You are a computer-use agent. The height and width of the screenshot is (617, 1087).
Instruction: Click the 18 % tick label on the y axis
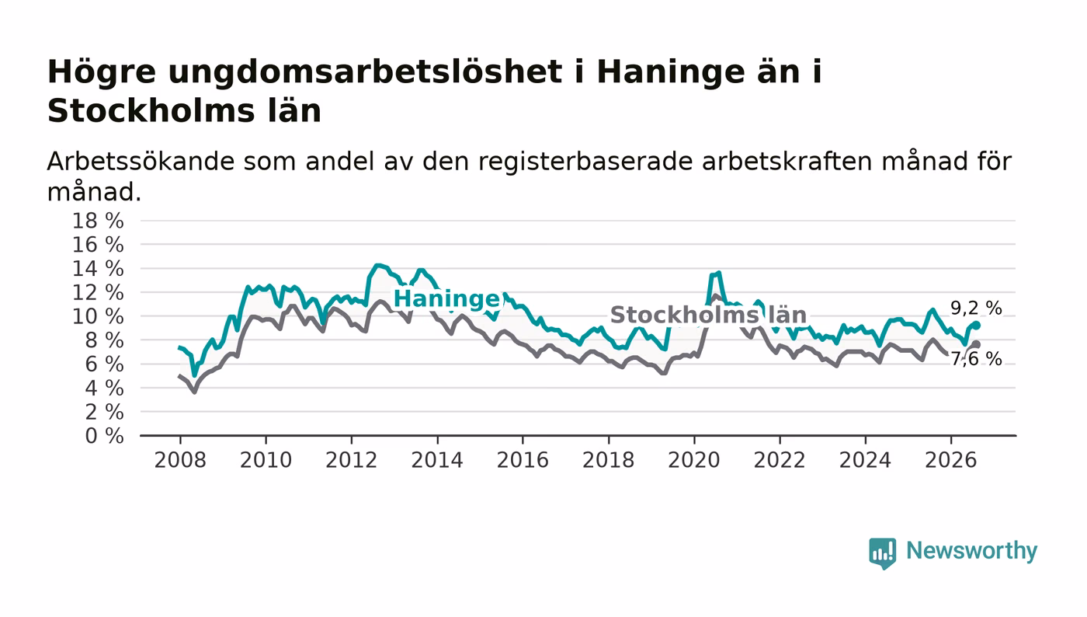(x=98, y=221)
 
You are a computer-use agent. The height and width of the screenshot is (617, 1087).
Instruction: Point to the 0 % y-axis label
(x=104, y=436)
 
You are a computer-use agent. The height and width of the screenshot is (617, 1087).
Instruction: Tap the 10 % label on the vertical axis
(x=98, y=316)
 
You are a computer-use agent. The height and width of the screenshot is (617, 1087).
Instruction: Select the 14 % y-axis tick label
(x=98, y=269)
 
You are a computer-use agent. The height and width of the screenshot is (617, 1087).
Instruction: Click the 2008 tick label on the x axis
(x=180, y=460)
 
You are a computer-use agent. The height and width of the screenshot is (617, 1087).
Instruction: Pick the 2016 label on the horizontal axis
(x=523, y=460)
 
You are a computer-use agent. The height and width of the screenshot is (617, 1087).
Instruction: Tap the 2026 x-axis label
(x=950, y=460)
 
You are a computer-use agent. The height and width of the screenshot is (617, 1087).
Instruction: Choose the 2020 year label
(x=694, y=460)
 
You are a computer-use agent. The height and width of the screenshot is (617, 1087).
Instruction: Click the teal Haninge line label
(x=446, y=298)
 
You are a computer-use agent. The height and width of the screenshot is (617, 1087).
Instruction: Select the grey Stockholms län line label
(x=708, y=315)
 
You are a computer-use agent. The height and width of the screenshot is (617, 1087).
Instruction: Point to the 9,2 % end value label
(x=976, y=308)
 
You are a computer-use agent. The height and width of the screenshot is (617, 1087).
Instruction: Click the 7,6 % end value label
(x=976, y=359)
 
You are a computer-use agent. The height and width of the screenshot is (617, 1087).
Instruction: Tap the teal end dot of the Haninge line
(x=977, y=325)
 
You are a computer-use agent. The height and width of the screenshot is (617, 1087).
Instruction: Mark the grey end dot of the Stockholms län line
(x=977, y=344)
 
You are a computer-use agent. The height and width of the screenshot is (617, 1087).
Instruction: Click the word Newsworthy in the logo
(x=971, y=551)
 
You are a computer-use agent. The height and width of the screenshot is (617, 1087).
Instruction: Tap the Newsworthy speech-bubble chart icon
(x=882, y=553)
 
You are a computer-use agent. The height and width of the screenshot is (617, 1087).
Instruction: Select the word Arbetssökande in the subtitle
(x=141, y=162)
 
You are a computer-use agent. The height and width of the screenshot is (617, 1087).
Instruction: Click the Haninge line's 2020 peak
(x=719, y=273)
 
